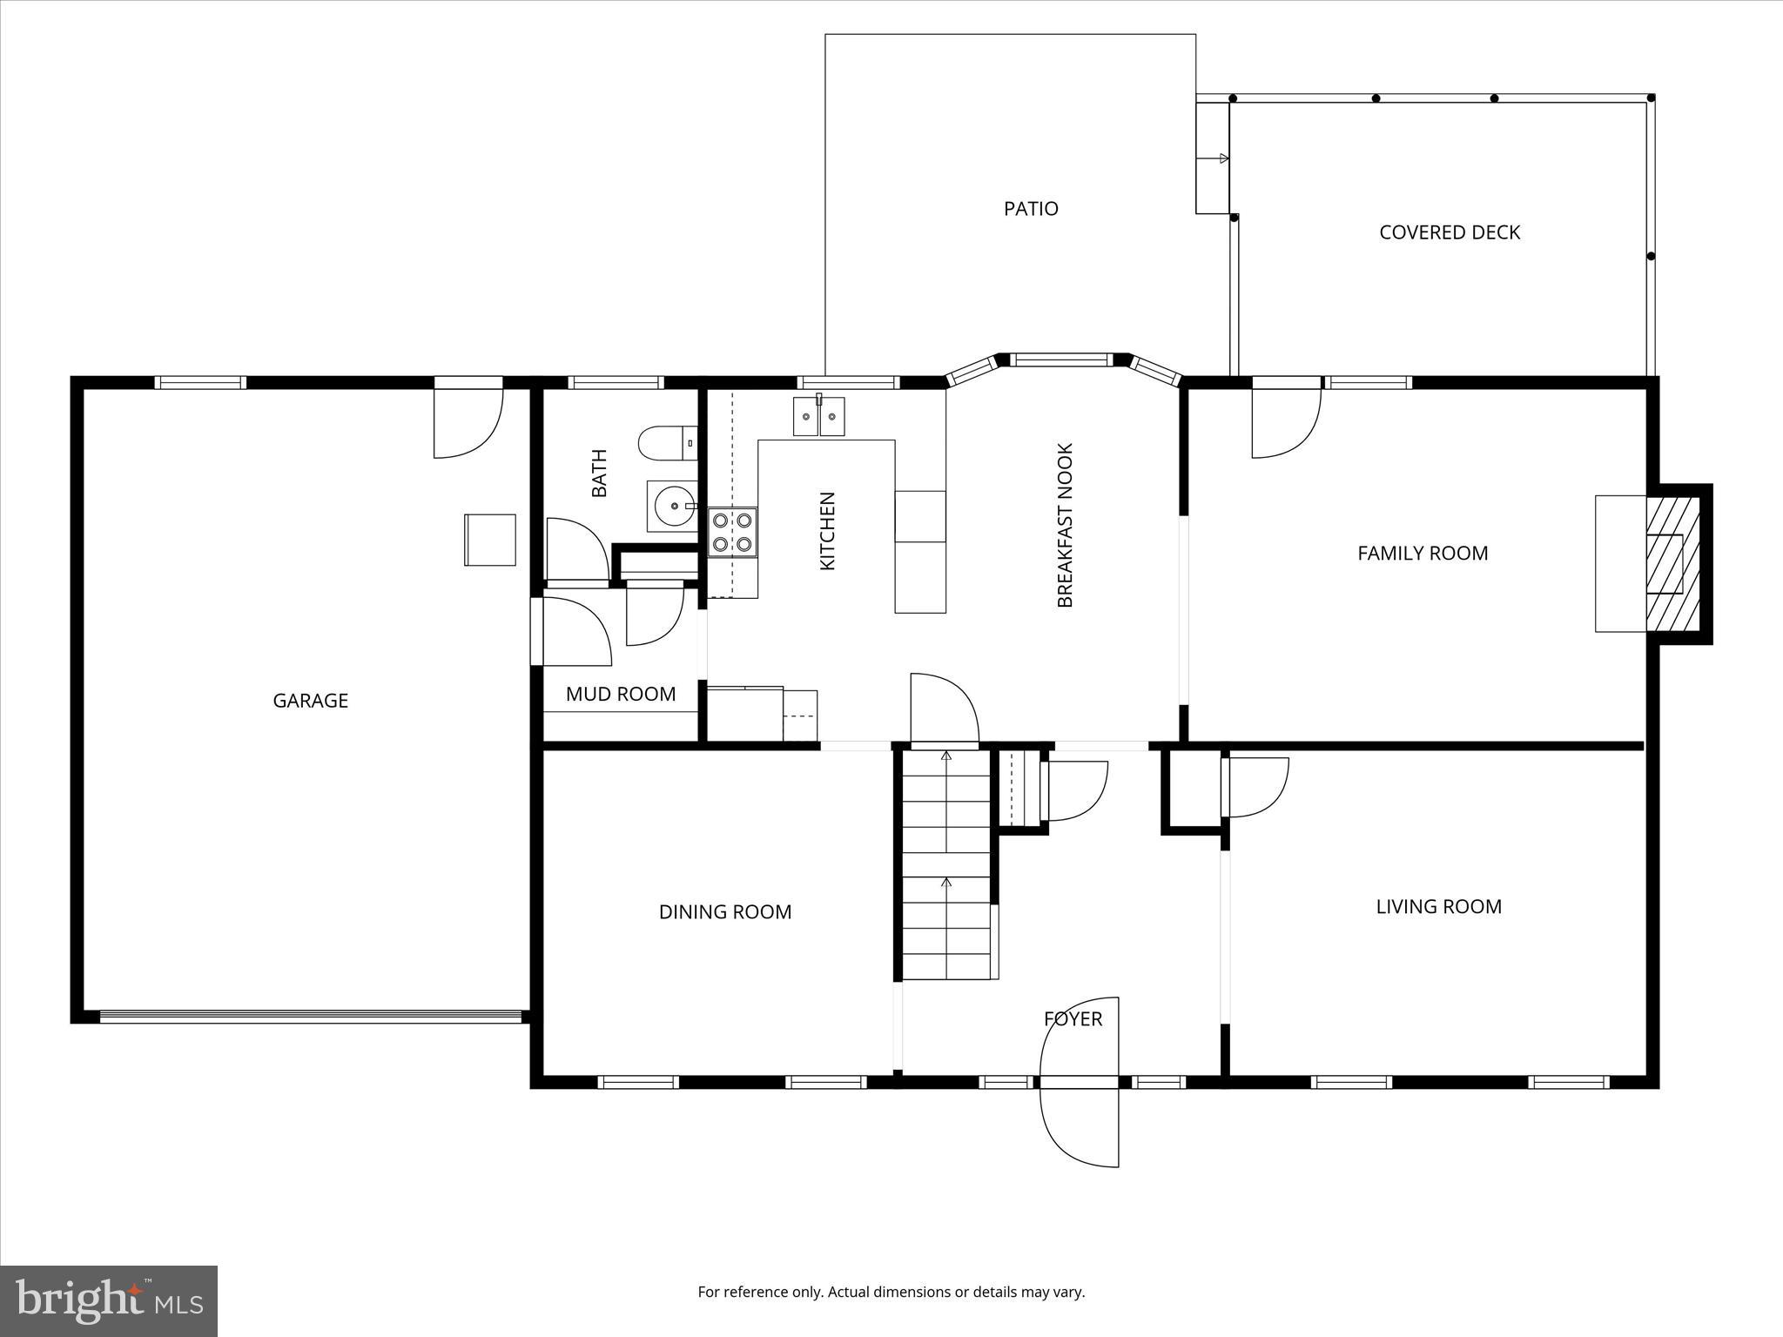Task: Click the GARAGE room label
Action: pyautogui.click(x=310, y=701)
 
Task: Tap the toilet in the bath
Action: pyautogui.click(x=667, y=442)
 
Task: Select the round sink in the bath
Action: pyautogui.click(x=673, y=506)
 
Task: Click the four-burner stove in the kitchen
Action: pyautogui.click(x=731, y=532)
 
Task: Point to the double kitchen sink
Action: pyautogui.click(x=818, y=416)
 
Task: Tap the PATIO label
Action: pyautogui.click(x=1031, y=209)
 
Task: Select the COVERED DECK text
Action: pyautogui.click(x=1450, y=232)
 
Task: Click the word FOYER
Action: pyautogui.click(x=1073, y=1018)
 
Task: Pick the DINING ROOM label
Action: pyautogui.click(x=724, y=912)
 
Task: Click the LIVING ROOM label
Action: pyautogui.click(x=1438, y=907)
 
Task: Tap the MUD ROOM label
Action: pyautogui.click(x=620, y=695)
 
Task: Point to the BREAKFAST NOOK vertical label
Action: pyautogui.click(x=1066, y=526)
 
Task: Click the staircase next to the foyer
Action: pyautogui.click(x=946, y=870)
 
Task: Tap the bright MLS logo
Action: pyautogui.click(x=109, y=1300)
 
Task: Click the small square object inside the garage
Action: pyautogui.click(x=489, y=540)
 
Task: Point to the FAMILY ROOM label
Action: pyautogui.click(x=1423, y=554)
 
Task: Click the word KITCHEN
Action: pyautogui.click(x=827, y=531)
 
